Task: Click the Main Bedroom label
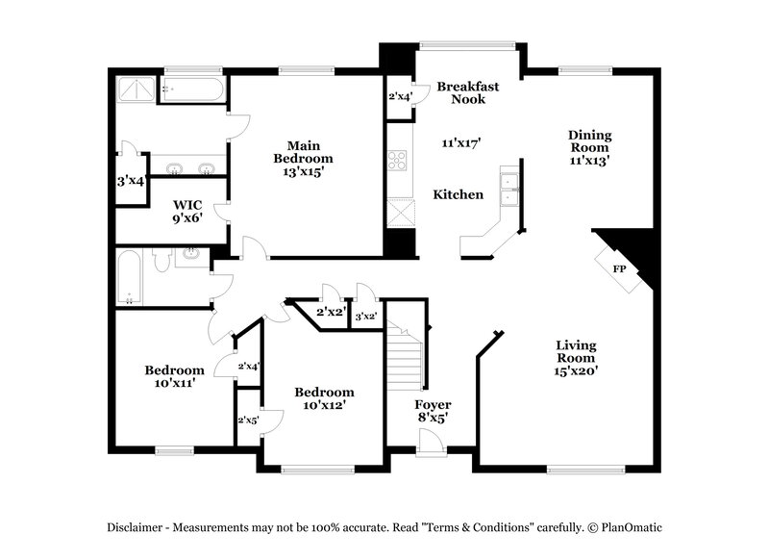(303, 159)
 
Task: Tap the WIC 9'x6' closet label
(186, 211)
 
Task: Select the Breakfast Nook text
(468, 92)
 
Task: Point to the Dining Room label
(589, 147)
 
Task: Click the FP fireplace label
(619, 268)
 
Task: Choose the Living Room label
(576, 357)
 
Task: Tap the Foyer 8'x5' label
(433, 411)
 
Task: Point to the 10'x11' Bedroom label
(174, 376)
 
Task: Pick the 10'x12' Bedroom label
(324, 398)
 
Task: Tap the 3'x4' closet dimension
(130, 181)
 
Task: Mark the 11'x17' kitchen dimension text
(460, 142)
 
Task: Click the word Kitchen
(459, 194)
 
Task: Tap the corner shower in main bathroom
(136, 89)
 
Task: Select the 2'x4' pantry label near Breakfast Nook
(399, 96)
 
